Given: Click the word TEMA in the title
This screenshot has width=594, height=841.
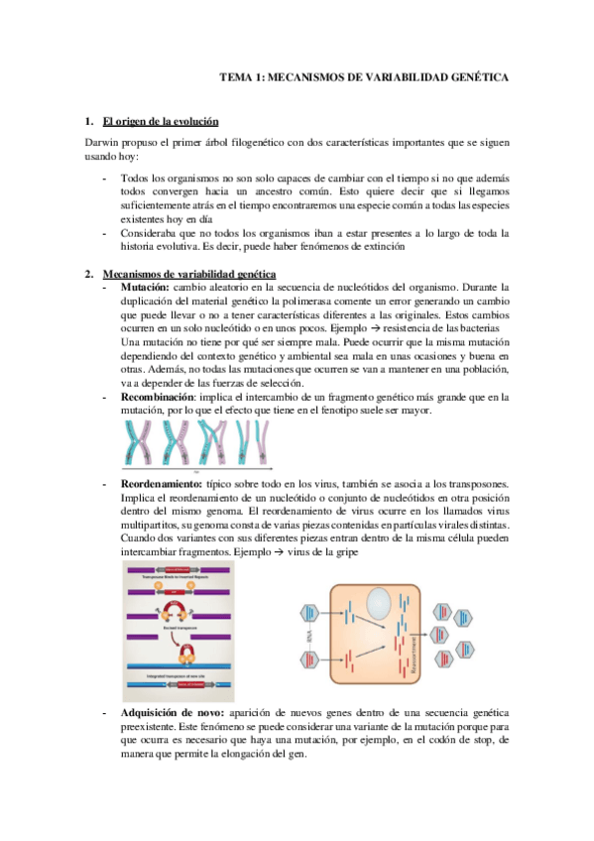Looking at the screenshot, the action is point(234,75).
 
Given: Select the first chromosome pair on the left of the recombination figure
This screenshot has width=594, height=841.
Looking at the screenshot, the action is point(140,441).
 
